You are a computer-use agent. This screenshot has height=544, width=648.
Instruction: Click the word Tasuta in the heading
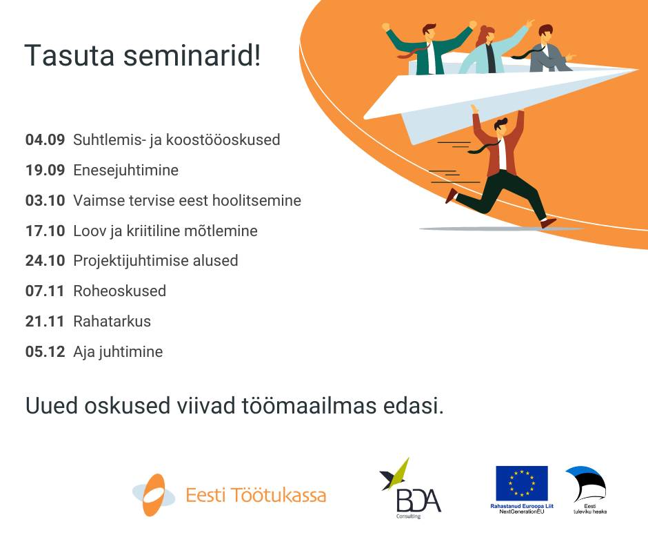click(x=69, y=56)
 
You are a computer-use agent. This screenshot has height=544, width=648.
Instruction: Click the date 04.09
click(x=45, y=140)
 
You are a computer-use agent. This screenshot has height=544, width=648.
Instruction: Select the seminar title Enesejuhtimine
click(x=125, y=170)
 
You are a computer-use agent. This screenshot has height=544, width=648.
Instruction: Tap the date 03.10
click(x=45, y=200)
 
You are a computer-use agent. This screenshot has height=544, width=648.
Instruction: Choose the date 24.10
click(x=45, y=261)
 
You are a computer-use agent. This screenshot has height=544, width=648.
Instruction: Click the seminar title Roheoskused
click(x=119, y=291)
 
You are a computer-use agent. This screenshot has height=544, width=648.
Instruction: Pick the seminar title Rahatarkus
click(x=112, y=321)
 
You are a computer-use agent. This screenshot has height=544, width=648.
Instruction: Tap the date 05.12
click(x=45, y=351)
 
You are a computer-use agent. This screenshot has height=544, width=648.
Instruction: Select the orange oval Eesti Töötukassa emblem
click(x=153, y=495)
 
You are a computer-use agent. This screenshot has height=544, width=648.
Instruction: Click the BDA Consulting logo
click(x=409, y=488)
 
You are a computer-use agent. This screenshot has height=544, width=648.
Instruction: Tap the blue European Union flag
click(x=522, y=483)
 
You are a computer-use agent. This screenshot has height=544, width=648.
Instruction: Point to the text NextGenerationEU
click(x=522, y=512)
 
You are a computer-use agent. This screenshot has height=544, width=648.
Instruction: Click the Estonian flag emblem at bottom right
click(x=586, y=485)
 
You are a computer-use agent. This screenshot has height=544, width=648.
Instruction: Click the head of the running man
click(x=501, y=126)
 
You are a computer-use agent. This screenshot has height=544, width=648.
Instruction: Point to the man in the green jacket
click(x=429, y=49)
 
